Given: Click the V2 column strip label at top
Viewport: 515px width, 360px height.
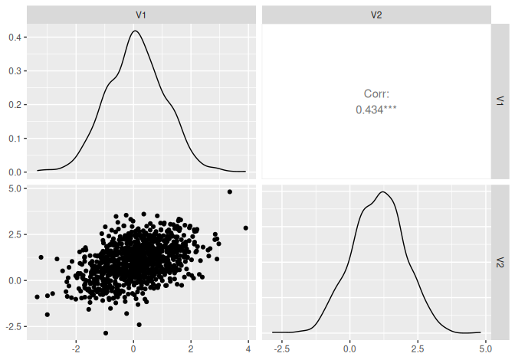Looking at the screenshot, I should tap(376, 15).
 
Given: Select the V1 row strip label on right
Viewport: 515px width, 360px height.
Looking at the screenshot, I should tap(500, 100).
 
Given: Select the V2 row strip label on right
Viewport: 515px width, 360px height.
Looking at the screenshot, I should tap(500, 262).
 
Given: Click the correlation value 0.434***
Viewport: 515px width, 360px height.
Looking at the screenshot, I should tap(376, 110).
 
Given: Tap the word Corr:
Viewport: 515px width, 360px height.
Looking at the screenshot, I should tap(376, 94).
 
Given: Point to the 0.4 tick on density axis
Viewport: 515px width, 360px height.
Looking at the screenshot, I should tap(15, 38).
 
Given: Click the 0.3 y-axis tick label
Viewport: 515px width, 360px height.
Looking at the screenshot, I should tap(15, 71).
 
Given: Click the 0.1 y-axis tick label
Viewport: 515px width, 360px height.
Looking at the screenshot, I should tap(15, 139).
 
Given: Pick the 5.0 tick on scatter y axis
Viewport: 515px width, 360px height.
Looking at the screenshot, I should tap(15, 187).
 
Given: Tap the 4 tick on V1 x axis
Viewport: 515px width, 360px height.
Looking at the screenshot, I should tap(248, 349).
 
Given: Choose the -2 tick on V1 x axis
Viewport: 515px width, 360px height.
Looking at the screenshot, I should tap(74, 349).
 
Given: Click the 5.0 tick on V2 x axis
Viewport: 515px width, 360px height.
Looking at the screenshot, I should tap(484, 349).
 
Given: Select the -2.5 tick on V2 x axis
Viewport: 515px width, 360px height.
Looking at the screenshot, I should tap(281, 349).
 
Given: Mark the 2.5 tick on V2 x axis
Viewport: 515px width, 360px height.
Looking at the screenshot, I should tap(417, 349).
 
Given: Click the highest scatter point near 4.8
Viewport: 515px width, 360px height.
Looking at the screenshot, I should tap(230, 191).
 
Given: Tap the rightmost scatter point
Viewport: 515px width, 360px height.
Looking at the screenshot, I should tap(246, 227).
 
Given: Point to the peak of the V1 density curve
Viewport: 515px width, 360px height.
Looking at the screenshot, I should tap(135, 31).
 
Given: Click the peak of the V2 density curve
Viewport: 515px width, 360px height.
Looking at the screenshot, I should tap(382, 191).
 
